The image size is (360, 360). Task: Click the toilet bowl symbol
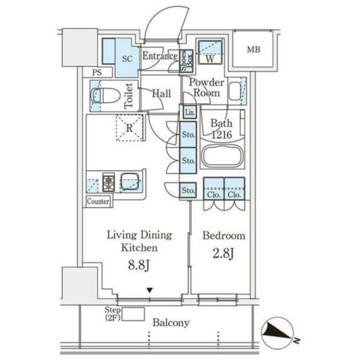click(x=105, y=96)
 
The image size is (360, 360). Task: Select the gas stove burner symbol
click(x=109, y=182)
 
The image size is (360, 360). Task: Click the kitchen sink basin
click(x=130, y=181)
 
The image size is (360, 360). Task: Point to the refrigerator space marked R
click(x=130, y=128)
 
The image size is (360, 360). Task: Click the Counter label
click(x=98, y=201)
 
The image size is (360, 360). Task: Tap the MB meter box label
click(x=253, y=49)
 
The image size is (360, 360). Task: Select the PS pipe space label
click(x=97, y=73)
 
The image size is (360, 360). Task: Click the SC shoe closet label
click(x=127, y=59)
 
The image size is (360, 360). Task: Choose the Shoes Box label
click(x=186, y=61)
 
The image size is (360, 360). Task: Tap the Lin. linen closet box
click(x=190, y=112)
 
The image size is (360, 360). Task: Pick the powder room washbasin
click(x=235, y=91)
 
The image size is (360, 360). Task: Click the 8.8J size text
click(x=139, y=265)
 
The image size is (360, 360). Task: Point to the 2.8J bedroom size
click(x=224, y=253)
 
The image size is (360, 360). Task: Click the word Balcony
click(x=171, y=323)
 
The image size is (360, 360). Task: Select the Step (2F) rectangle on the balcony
click(x=133, y=314)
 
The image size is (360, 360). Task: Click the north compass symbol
click(x=278, y=333)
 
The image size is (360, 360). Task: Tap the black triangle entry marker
click(x=150, y=290)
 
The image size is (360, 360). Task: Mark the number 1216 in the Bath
click(x=222, y=135)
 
